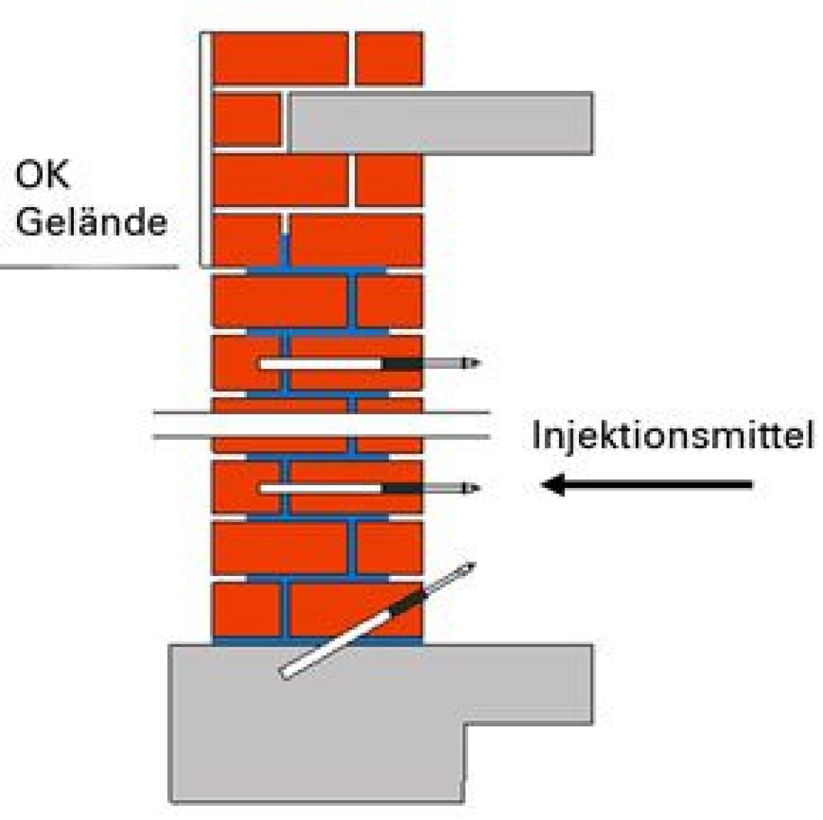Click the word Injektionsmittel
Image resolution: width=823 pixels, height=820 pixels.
click(x=672, y=436)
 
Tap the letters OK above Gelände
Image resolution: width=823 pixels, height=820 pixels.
click(x=42, y=175)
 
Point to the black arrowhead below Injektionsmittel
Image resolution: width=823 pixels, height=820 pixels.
click(x=554, y=484)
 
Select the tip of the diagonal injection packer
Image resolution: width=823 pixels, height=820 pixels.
click(x=475, y=563)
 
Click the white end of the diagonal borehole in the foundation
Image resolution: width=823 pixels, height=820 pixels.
click(x=284, y=674)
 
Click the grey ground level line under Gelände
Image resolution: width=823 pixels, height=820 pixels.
click(x=89, y=267)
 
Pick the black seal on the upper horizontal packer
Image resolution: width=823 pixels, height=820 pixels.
click(x=401, y=364)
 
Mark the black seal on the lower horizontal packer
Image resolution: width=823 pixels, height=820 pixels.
click(x=401, y=488)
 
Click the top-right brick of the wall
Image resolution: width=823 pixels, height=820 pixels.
click(x=389, y=58)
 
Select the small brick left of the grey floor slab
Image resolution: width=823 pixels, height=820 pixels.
click(x=247, y=120)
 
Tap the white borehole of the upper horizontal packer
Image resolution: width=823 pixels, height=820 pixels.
click(x=321, y=364)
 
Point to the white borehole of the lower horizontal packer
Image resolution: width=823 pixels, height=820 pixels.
click(x=321, y=488)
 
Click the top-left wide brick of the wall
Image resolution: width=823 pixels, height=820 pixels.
click(x=280, y=58)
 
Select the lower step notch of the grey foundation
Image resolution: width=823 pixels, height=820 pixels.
click(x=466, y=724)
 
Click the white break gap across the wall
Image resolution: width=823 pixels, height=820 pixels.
click(x=321, y=425)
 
